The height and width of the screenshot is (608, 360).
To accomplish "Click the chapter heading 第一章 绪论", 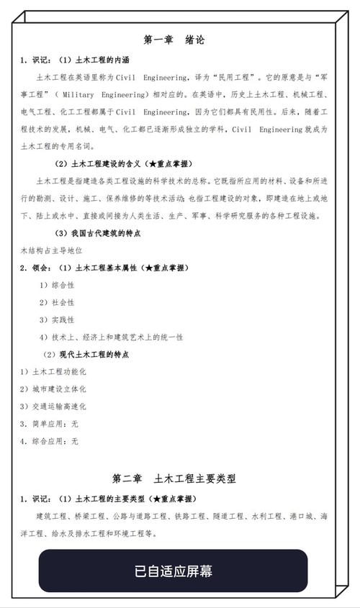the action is [174, 40].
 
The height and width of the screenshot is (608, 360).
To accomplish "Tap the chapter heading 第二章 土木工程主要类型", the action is [174, 478].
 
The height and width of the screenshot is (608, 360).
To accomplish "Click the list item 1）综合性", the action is [57, 285].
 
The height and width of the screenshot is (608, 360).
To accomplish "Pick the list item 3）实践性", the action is [57, 319].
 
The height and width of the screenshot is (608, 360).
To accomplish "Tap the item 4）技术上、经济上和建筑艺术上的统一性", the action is [111, 337].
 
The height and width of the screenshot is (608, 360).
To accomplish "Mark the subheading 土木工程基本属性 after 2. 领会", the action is [106, 268].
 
